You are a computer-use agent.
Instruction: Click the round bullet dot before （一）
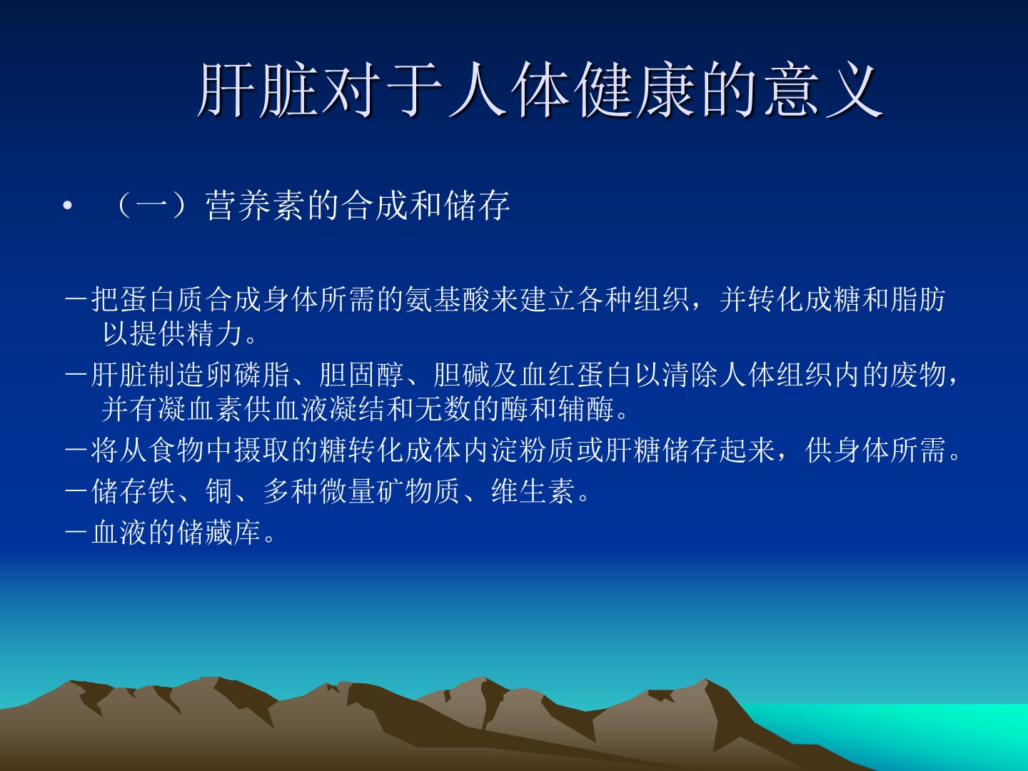(68, 206)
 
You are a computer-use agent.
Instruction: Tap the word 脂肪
(918, 299)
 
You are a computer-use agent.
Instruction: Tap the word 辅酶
(586, 409)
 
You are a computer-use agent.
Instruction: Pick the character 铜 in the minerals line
(219, 492)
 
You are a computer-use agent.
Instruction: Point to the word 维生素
(533, 492)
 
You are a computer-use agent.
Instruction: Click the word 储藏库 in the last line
(219, 533)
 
